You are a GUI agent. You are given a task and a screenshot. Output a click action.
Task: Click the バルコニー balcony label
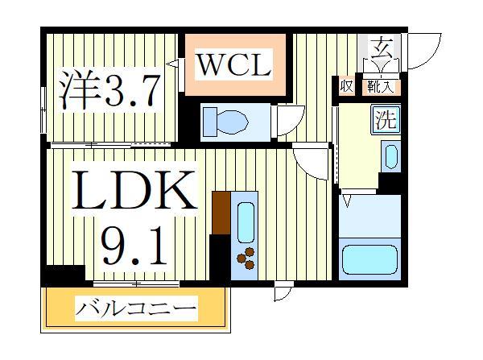(x=136, y=308)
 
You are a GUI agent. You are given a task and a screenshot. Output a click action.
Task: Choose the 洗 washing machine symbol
(x=385, y=120)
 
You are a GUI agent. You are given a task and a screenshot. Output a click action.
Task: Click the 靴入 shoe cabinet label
(x=379, y=84)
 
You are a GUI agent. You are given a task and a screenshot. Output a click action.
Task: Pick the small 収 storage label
(x=346, y=84)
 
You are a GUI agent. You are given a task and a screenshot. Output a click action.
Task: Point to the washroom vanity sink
(x=390, y=155)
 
